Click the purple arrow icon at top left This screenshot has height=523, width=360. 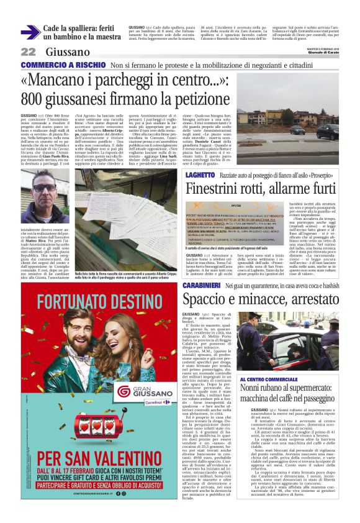pos(30,32)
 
